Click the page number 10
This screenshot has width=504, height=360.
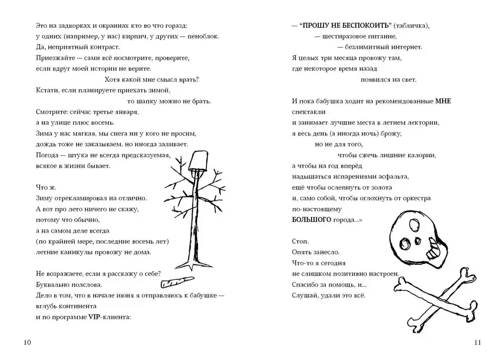[x=28, y=343]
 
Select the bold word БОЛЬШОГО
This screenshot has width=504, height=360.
[x=311, y=220]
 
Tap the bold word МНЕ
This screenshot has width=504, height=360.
[x=443, y=101]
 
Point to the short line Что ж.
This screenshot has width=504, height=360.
[x=46, y=187]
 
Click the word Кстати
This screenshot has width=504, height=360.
[x=47, y=90]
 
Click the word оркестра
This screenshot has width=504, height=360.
[x=415, y=198]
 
